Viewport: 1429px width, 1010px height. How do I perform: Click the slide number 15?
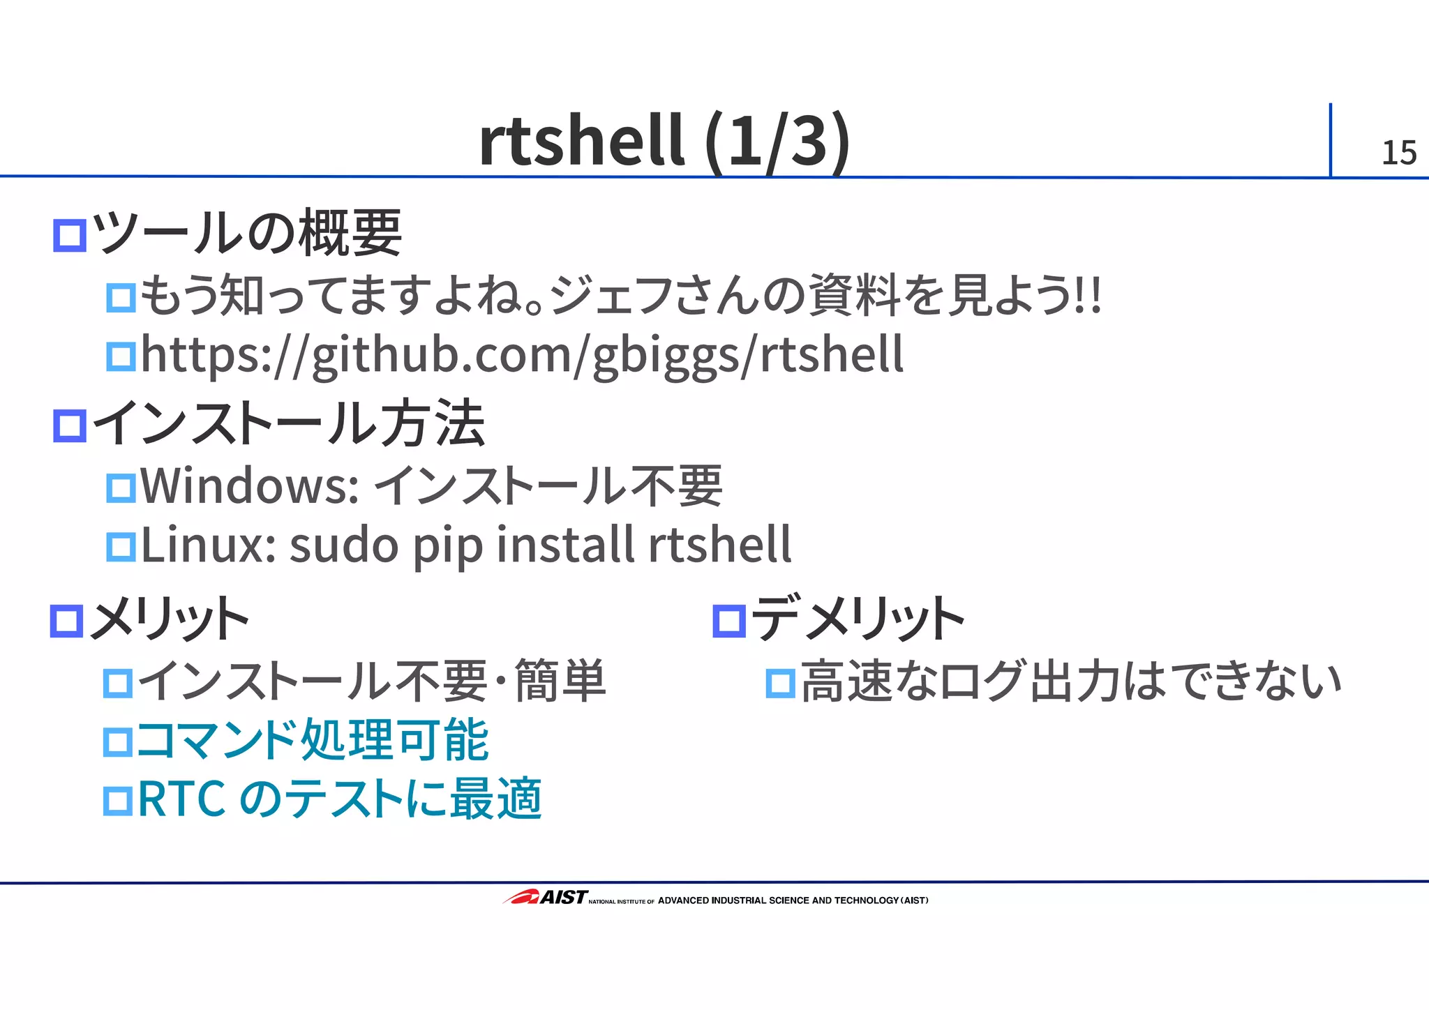tap(1398, 153)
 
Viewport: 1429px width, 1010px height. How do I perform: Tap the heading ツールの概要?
tap(247, 234)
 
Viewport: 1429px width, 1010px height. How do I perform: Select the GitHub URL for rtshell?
tap(522, 355)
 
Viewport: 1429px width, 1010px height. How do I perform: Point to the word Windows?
tap(250, 486)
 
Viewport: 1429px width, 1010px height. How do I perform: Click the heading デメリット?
tap(858, 619)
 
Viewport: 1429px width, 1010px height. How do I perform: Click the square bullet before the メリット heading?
tap(67, 620)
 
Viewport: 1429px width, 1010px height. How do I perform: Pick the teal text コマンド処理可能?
tap(313, 740)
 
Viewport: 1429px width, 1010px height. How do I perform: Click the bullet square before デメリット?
tap(729, 620)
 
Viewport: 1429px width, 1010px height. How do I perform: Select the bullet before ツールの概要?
tap(70, 235)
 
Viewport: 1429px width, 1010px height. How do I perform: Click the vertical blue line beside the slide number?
tap(1330, 140)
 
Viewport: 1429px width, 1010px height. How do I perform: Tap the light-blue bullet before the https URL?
tap(121, 356)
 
